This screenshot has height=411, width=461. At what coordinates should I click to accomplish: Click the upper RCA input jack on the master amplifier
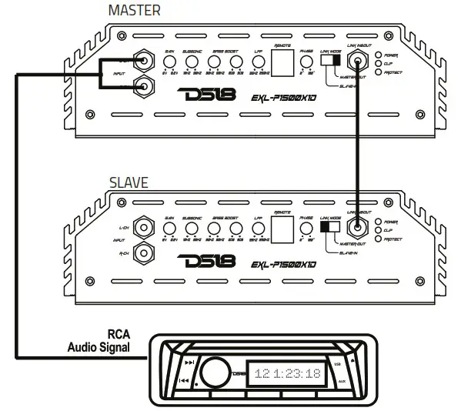[142, 58]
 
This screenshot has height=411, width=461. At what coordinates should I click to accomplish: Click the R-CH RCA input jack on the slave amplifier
[142, 252]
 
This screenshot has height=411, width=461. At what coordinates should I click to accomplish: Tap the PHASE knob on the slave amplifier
[305, 229]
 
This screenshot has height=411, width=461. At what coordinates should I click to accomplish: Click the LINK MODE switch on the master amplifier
[330, 59]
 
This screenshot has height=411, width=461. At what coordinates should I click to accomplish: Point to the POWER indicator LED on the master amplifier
[377, 55]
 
